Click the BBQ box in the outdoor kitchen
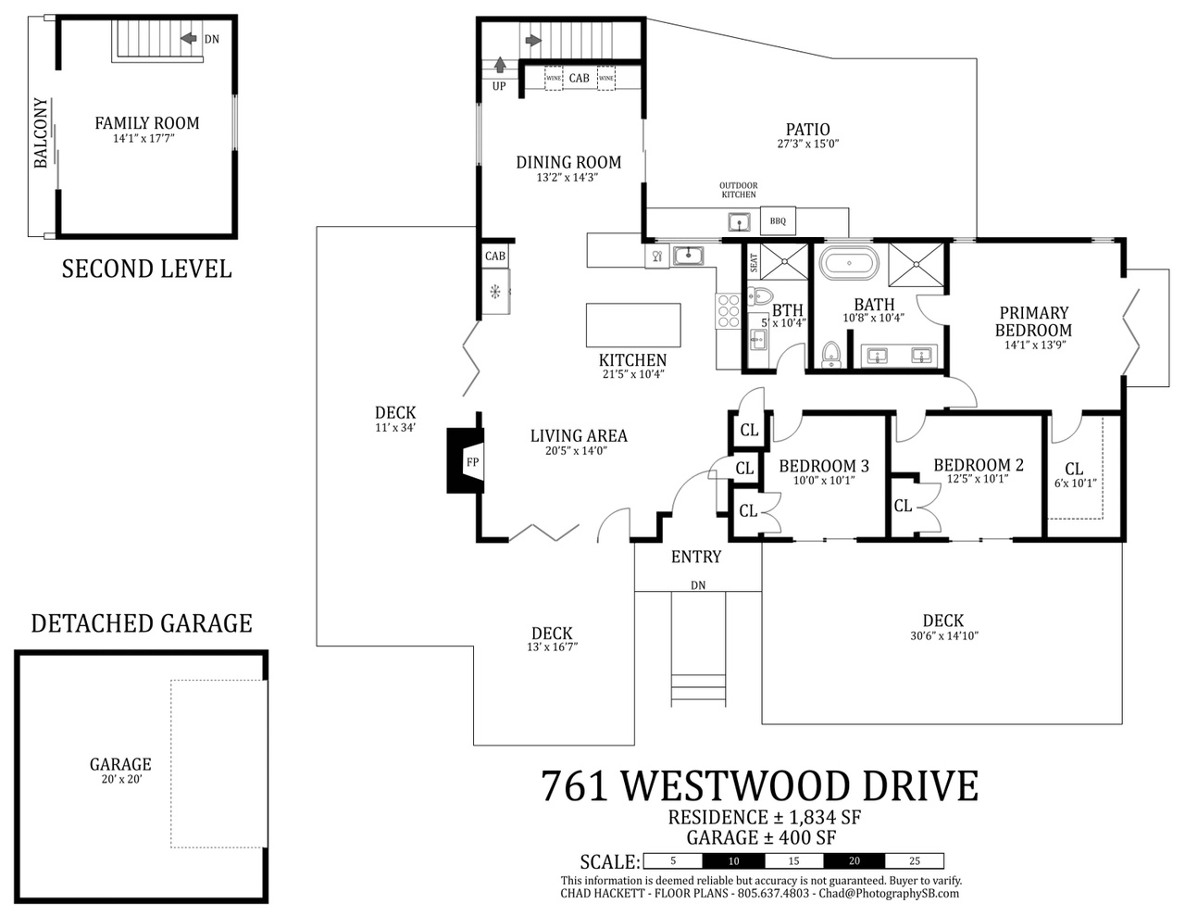pyautogui.click(x=778, y=221)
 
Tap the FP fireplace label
pyautogui.click(x=472, y=462)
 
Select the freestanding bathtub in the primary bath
pyautogui.click(x=849, y=263)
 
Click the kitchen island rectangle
pyautogui.click(x=633, y=325)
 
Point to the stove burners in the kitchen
pyautogui.click(x=728, y=311)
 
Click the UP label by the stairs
pyautogui.click(x=499, y=86)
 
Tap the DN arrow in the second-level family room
pyautogui.click(x=189, y=38)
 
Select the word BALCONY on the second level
pyautogui.click(x=41, y=132)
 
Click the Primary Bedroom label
pyautogui.click(x=1033, y=321)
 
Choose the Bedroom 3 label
pyautogui.click(x=823, y=466)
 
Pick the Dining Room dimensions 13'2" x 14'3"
pyautogui.click(x=568, y=177)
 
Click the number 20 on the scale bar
pyautogui.click(x=854, y=861)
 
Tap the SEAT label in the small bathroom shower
pyautogui.click(x=754, y=263)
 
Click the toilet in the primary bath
pyautogui.click(x=831, y=354)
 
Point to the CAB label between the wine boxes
pyautogui.click(x=580, y=78)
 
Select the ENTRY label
pyautogui.click(x=696, y=557)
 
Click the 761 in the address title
pyautogui.click(x=574, y=786)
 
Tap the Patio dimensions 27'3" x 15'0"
pyautogui.click(x=807, y=144)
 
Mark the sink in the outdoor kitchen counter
pyautogui.click(x=739, y=222)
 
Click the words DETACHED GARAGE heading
pyautogui.click(x=142, y=623)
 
